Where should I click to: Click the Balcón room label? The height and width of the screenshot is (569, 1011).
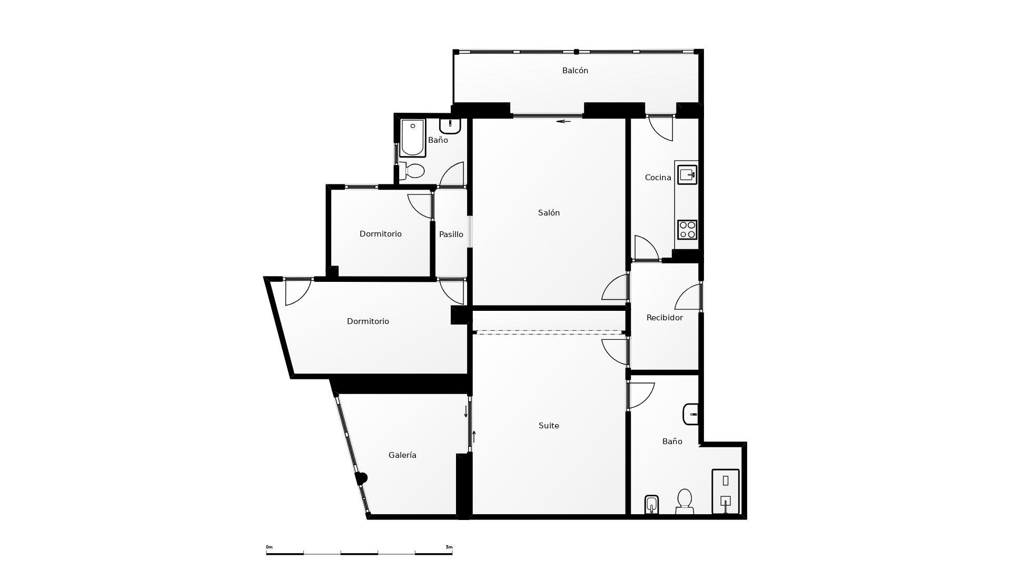575,71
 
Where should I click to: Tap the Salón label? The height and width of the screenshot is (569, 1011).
549,213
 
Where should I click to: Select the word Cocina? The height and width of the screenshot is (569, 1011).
658,178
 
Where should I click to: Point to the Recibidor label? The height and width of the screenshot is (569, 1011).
665,318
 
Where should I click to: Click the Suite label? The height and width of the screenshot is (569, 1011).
549,426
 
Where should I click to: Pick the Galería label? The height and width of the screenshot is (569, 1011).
402,455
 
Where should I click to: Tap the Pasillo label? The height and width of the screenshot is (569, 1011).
451,234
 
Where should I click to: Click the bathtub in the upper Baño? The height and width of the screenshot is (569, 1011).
413,138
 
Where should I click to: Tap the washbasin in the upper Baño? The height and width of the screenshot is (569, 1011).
450,126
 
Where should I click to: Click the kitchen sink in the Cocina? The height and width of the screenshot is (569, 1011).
687,174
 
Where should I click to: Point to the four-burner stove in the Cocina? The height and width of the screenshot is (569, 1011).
687,230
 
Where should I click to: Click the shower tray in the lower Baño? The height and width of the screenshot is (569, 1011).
726,492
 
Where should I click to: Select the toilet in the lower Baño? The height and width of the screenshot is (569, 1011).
685,502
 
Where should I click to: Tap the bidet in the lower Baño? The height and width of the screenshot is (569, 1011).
652,505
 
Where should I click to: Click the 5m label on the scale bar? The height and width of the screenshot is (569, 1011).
449,547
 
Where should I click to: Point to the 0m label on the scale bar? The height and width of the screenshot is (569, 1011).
269,547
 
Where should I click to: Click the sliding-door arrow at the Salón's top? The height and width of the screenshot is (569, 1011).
564,121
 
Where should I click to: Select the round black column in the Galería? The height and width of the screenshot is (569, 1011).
361,478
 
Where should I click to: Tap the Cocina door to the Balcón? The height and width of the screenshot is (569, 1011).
661,129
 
